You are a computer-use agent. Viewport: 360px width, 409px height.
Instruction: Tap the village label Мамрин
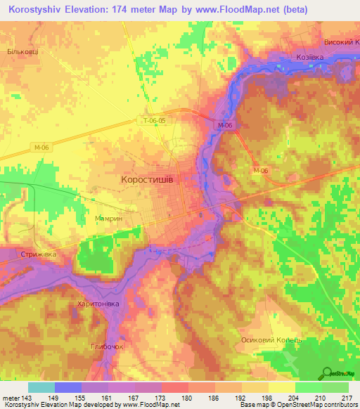click(109, 219)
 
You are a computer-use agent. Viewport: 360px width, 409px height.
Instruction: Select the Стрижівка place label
click(38, 254)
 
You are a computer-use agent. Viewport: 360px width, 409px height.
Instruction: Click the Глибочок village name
click(108, 346)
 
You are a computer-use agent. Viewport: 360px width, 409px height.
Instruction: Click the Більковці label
click(22, 51)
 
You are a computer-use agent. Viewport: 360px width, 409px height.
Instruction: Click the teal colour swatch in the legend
click(41, 387)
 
